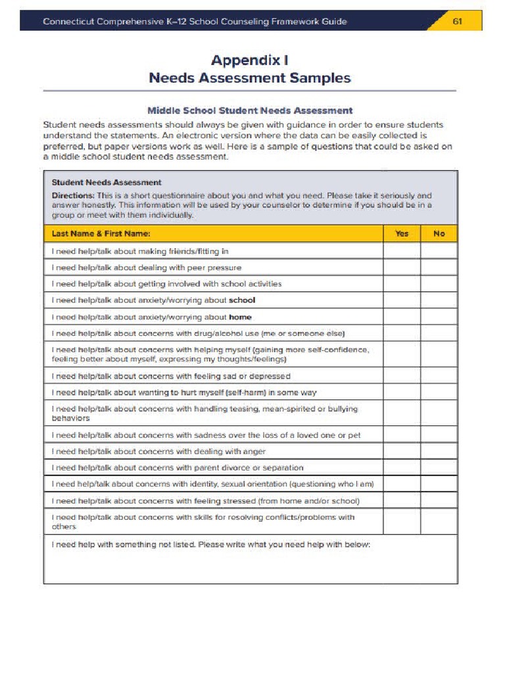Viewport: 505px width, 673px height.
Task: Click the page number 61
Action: click(458, 21)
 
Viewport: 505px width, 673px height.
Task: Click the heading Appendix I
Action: click(249, 60)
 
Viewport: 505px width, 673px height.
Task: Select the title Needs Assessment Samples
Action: click(249, 78)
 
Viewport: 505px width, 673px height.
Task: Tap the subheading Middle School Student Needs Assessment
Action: click(249, 110)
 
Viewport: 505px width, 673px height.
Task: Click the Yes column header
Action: click(402, 233)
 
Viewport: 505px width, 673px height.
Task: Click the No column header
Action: click(439, 233)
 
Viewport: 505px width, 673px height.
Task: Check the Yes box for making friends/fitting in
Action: click(402, 251)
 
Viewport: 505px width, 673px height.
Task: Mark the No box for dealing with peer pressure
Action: click(439, 267)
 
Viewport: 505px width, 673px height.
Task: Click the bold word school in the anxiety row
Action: click(241, 300)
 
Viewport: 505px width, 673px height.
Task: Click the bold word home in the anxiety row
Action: click(240, 317)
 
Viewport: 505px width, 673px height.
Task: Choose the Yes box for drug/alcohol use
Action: click(402, 333)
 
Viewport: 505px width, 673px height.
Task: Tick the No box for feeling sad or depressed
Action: click(439, 376)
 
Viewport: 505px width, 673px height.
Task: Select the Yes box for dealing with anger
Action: click(402, 452)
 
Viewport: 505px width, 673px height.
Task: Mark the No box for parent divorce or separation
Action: click(439, 468)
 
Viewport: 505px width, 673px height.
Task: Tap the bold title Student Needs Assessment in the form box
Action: click(106, 182)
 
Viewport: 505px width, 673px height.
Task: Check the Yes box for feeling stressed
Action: click(402, 501)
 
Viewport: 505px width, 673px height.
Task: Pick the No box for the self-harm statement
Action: click(439, 392)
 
